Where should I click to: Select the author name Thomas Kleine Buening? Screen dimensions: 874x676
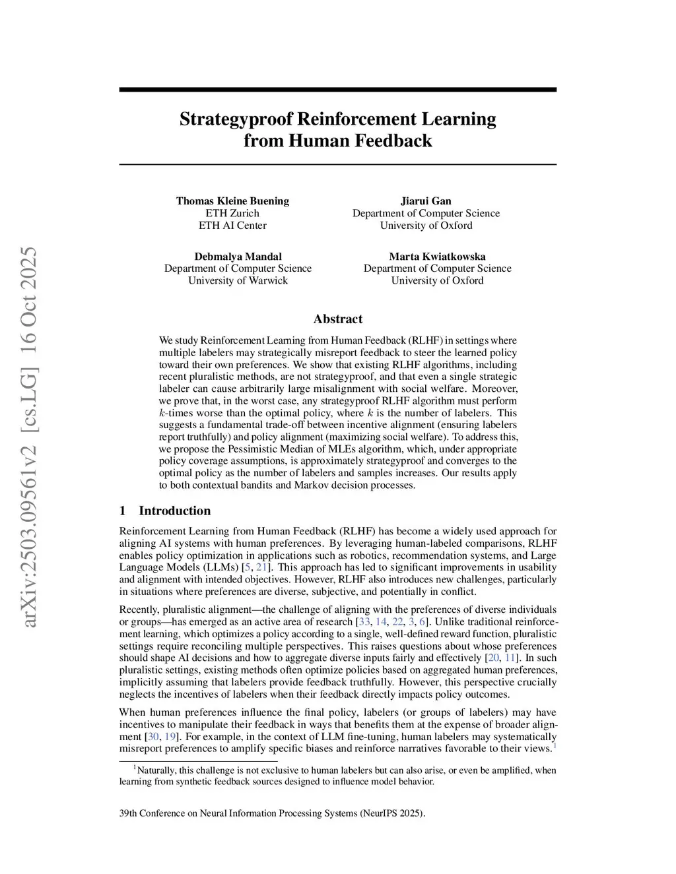(x=232, y=201)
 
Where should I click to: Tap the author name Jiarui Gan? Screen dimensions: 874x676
(x=426, y=201)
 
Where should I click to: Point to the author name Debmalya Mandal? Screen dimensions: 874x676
(x=238, y=257)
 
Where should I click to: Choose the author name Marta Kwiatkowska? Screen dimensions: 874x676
(x=437, y=257)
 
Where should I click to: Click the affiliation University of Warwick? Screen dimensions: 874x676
(x=238, y=280)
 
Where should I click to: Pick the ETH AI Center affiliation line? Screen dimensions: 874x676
(x=232, y=225)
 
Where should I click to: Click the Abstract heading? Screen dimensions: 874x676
(x=338, y=319)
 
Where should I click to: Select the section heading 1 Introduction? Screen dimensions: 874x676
(x=165, y=511)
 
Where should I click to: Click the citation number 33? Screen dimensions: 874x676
(x=363, y=622)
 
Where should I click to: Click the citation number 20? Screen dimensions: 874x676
(x=492, y=658)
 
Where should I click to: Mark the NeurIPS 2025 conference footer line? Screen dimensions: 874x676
(x=272, y=813)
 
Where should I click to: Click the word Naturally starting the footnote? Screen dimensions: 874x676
(x=156, y=770)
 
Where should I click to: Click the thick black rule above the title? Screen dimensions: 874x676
(x=338, y=90)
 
